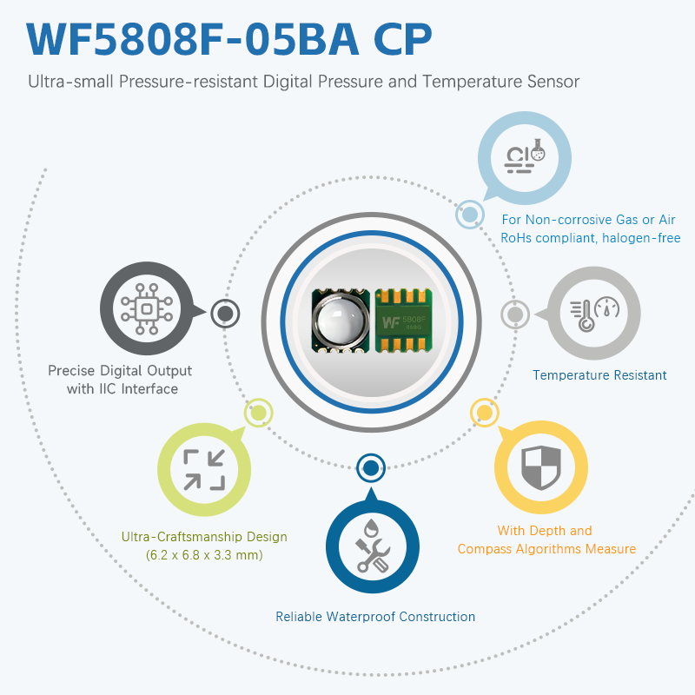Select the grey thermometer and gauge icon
[594, 314]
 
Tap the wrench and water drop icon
[372, 546]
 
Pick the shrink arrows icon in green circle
[204, 469]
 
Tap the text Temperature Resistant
[599, 375]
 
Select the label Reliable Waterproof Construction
[375, 617]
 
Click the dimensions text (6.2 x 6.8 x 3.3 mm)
[204, 555]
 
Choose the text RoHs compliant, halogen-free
[591, 238]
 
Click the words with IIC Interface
[122, 388]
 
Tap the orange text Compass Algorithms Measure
[546, 549]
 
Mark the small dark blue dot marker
[371, 468]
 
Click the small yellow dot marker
[482, 411]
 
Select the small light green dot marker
[258, 413]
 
